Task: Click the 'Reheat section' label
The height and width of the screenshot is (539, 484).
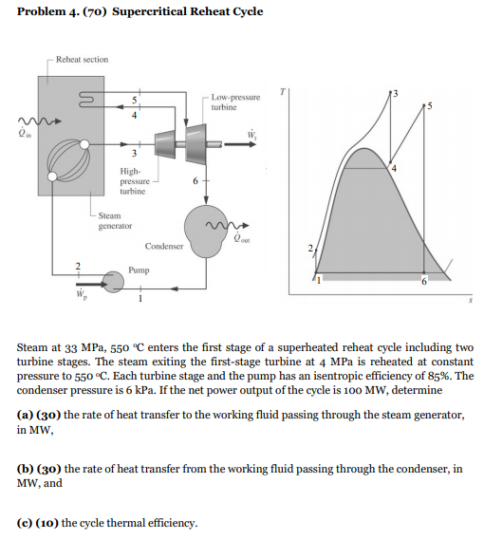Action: pyautogui.click(x=82, y=59)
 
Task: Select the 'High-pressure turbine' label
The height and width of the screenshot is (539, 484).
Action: pyautogui.click(x=133, y=179)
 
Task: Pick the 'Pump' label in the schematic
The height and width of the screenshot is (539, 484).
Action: pyautogui.click(x=138, y=269)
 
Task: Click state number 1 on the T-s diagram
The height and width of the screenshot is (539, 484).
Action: pyautogui.click(x=320, y=280)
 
